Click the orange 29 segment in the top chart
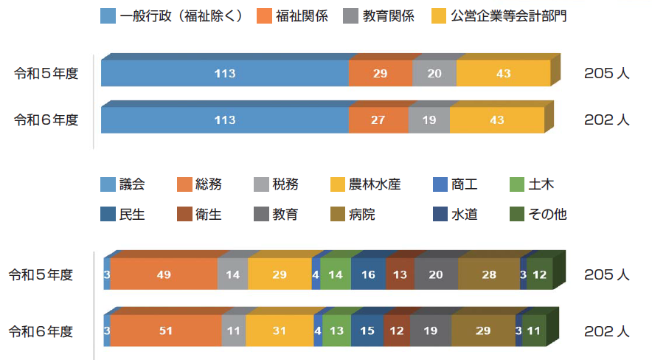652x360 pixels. click(x=381, y=74)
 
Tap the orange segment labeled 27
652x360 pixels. click(x=378, y=120)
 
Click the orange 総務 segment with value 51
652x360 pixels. click(x=165, y=331)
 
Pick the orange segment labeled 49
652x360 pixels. click(x=164, y=274)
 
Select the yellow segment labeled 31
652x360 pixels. click(x=279, y=331)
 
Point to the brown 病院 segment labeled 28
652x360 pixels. click(x=489, y=274)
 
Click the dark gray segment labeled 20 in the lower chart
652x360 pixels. click(x=436, y=274)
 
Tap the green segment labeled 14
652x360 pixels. click(x=336, y=274)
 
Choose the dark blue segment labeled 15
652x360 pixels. click(x=367, y=331)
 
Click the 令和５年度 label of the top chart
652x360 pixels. click(x=47, y=73)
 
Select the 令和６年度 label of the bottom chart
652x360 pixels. click(x=41, y=331)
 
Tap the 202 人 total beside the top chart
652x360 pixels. click(x=606, y=120)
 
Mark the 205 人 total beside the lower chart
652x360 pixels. click(x=606, y=274)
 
